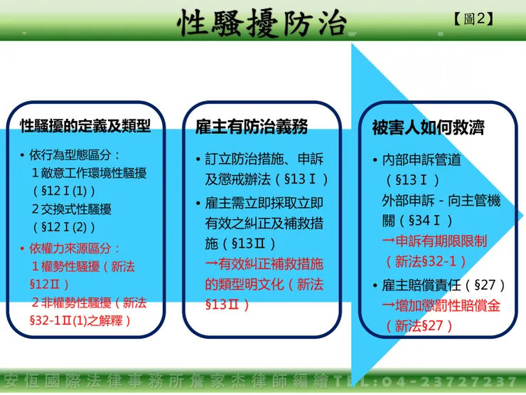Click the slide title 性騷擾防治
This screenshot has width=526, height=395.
[262, 23]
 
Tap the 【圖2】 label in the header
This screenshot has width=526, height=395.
[474, 19]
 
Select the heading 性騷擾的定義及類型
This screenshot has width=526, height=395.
[85, 126]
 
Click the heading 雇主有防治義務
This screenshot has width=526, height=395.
[252, 127]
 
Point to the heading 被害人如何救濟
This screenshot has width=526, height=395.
[428, 127]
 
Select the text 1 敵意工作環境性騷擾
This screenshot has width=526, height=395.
[90, 174]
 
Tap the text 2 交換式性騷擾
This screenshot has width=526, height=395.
[72, 209]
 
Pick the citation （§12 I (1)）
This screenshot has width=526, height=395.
[64, 191]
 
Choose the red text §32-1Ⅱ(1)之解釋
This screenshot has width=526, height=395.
[80, 321]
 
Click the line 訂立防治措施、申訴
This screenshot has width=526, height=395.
[264, 159]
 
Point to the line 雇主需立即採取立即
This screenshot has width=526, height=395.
[264, 204]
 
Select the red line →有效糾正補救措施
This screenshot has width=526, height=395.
[264, 264]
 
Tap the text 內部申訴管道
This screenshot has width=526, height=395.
[422, 160]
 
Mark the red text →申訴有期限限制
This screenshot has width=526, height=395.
[434, 241]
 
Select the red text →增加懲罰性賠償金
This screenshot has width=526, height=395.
[441, 305]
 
